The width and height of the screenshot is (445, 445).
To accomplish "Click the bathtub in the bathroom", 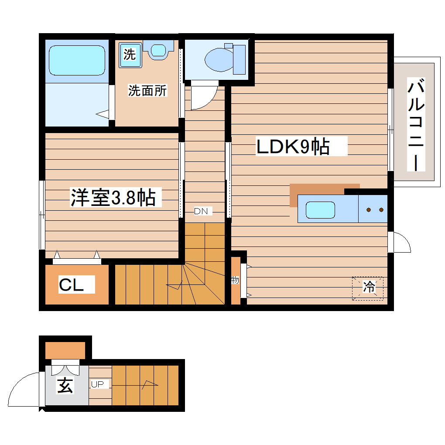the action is (77, 61).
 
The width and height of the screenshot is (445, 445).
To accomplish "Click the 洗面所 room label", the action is (147, 90).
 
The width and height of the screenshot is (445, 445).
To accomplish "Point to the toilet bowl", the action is (220, 59).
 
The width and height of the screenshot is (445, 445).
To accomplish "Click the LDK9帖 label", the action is (293, 147).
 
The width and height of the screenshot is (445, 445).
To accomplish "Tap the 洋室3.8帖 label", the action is (113, 198).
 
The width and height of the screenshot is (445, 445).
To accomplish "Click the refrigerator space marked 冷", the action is (369, 288).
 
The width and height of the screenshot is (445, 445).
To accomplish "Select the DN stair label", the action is (202, 212).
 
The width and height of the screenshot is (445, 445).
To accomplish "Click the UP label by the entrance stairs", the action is (97, 384).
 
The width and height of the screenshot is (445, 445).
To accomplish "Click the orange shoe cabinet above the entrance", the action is (65, 350).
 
